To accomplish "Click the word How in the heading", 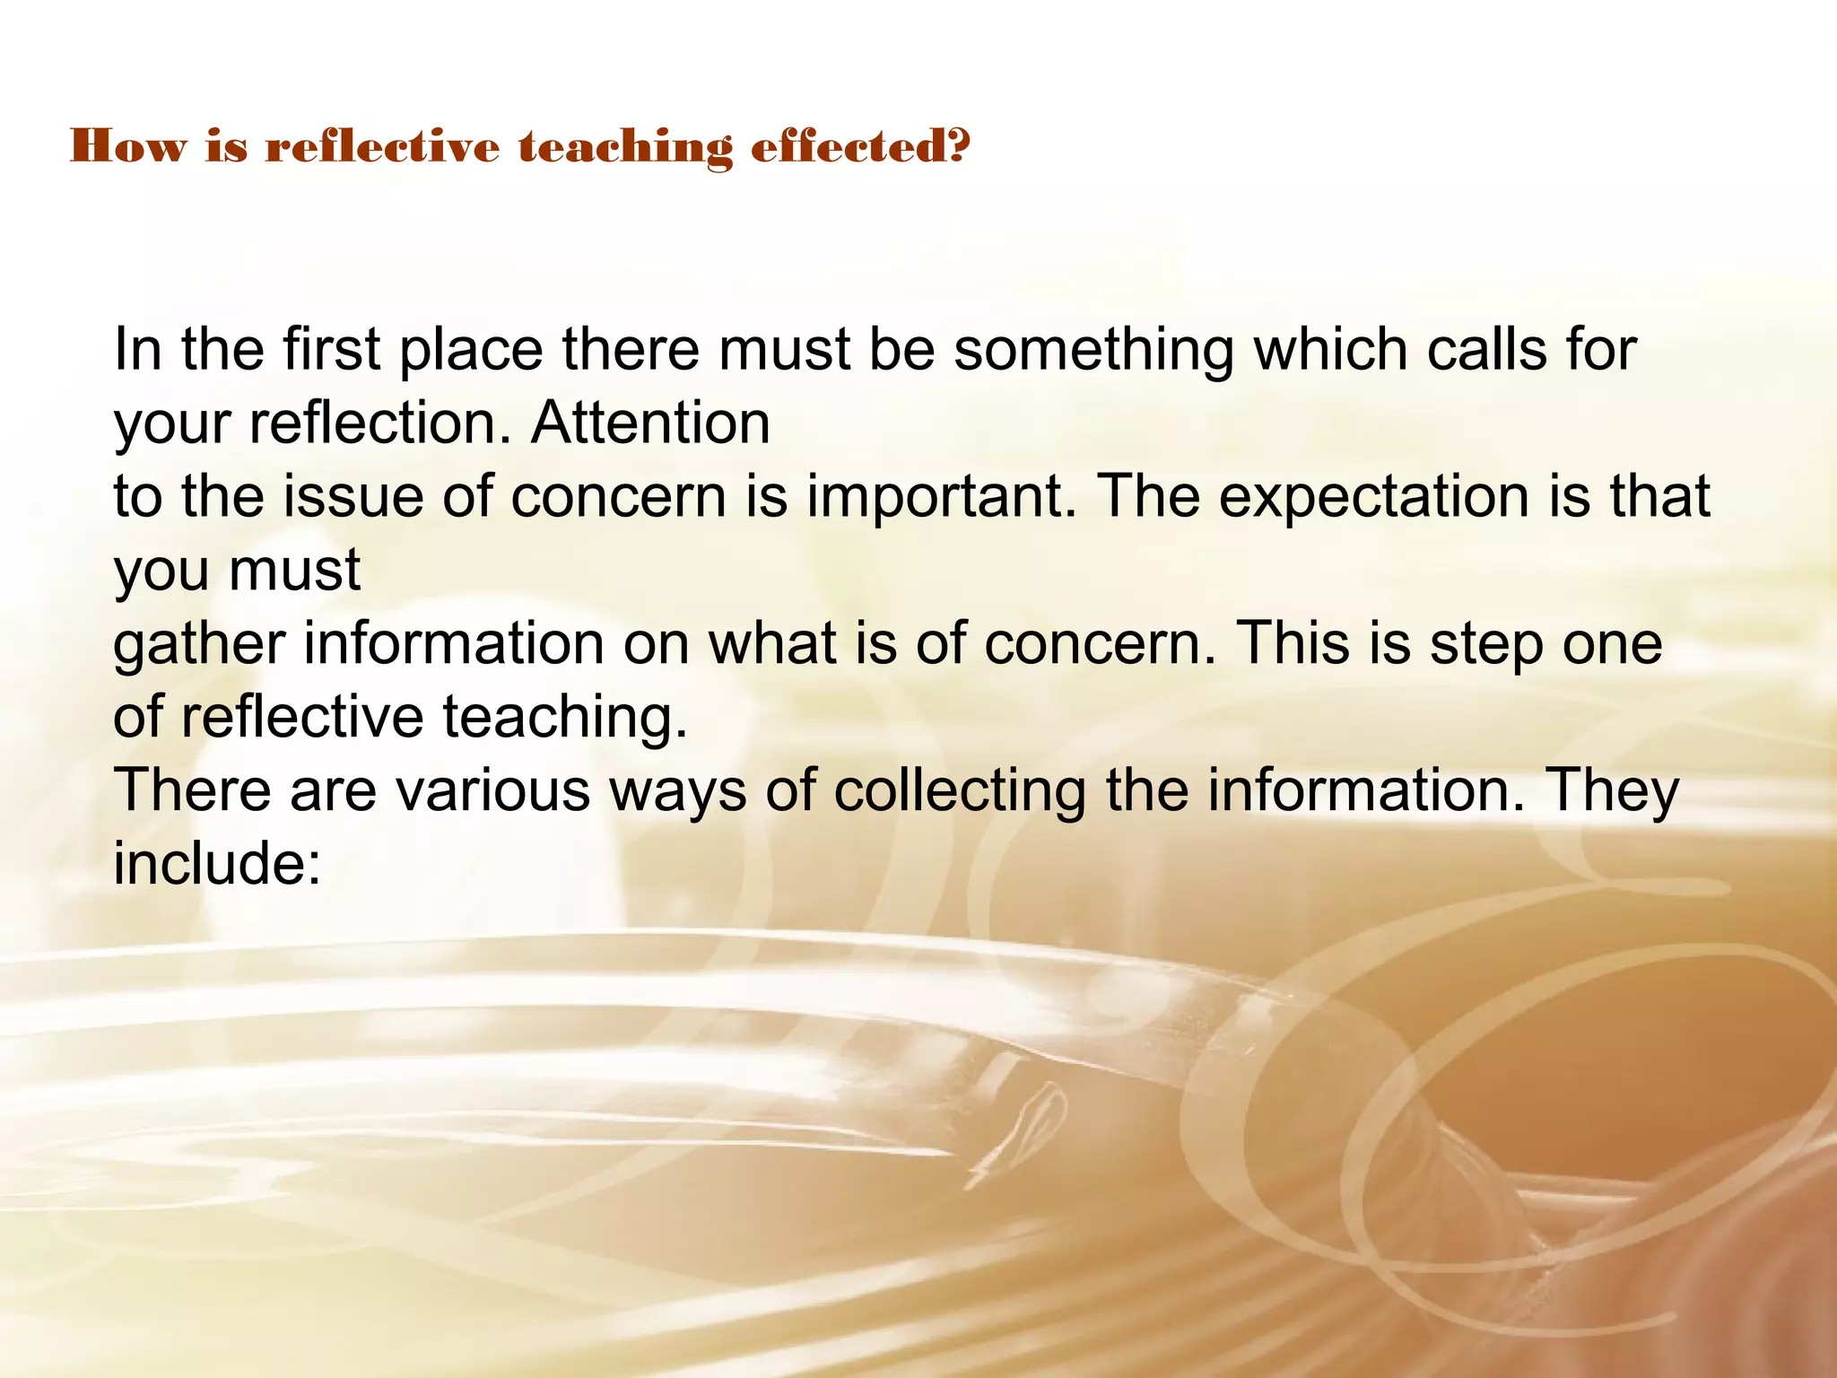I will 126,146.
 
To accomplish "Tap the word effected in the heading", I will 849,146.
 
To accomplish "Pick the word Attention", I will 650,423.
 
